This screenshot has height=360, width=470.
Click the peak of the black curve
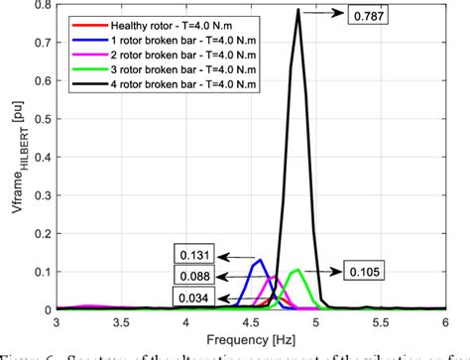click(x=298, y=11)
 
